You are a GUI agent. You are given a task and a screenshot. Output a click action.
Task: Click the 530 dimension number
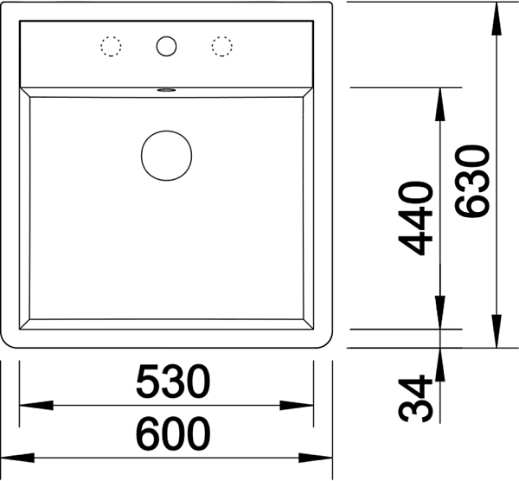(x=173, y=381)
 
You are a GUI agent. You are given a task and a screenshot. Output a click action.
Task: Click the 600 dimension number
(x=173, y=433)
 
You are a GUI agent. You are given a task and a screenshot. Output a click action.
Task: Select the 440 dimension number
(x=416, y=219)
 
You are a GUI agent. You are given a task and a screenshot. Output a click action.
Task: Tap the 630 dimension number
(x=472, y=182)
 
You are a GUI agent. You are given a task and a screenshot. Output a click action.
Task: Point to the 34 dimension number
(x=416, y=398)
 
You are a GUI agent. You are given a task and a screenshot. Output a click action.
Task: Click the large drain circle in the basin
(x=166, y=156)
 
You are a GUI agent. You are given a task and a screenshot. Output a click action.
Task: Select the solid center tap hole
(x=166, y=46)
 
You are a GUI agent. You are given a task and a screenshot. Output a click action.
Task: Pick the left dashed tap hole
(x=111, y=46)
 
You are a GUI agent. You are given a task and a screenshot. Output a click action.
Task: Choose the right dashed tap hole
(x=222, y=46)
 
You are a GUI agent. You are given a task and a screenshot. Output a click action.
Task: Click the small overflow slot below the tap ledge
(x=166, y=89)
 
